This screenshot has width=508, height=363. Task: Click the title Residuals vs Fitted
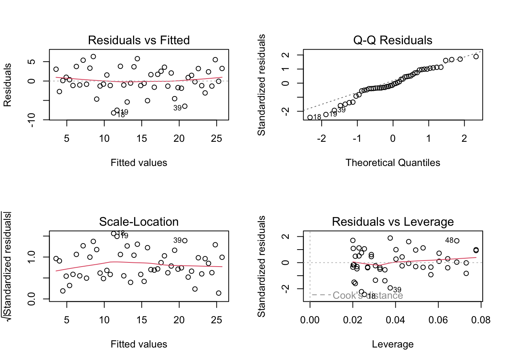pos(139,40)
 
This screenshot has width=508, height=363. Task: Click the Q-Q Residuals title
pos(393,40)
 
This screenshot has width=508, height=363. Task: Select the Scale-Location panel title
pos(139,222)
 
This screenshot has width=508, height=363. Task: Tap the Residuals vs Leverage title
pos(393,222)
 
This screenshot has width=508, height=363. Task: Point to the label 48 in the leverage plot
pos(449,240)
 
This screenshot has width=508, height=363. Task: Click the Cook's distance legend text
pos(367,295)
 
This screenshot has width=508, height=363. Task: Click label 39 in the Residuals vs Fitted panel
pos(177,108)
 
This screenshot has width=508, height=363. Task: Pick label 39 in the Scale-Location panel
pos(177,240)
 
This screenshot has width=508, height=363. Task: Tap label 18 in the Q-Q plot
pos(317,117)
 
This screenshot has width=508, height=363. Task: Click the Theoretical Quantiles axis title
pos(393,163)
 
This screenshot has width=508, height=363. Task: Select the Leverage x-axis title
pos(393,344)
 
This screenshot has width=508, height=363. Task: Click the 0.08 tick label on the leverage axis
pos(481,320)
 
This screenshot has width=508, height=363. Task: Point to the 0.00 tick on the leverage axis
pos(310,320)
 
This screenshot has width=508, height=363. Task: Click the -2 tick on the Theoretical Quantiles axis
pos(321,139)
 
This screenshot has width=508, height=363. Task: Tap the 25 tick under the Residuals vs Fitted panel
pos(217,139)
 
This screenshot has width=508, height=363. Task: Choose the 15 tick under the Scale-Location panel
pos(142,320)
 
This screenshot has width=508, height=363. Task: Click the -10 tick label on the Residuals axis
pos(32,120)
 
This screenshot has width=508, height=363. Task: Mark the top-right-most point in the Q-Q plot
pos(476,57)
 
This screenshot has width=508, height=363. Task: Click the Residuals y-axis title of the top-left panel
pos(8,85)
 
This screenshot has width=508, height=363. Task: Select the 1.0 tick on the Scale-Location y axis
pos(32,257)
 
